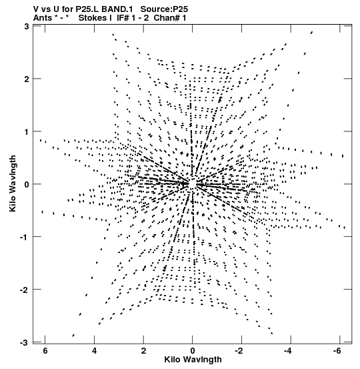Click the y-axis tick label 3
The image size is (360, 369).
(x=27, y=27)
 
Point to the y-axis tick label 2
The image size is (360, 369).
(x=27, y=79)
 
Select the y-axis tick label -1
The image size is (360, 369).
(x=24, y=238)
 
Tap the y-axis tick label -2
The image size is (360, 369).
(x=24, y=290)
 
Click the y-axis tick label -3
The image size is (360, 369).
(x=24, y=343)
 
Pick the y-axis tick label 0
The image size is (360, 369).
(x=27, y=184)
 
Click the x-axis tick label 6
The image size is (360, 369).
(x=45, y=351)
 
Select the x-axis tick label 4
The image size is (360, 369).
(x=94, y=351)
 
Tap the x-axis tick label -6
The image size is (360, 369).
(x=337, y=351)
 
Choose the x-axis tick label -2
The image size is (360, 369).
(x=239, y=351)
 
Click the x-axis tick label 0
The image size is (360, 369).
(x=193, y=351)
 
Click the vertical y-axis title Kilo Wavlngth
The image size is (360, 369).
(x=13, y=183)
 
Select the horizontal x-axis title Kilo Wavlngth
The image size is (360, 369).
(x=193, y=360)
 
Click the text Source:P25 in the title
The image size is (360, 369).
(x=164, y=9)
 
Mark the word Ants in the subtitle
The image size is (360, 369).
(x=43, y=18)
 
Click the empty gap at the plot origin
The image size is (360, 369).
(x=193, y=183)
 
